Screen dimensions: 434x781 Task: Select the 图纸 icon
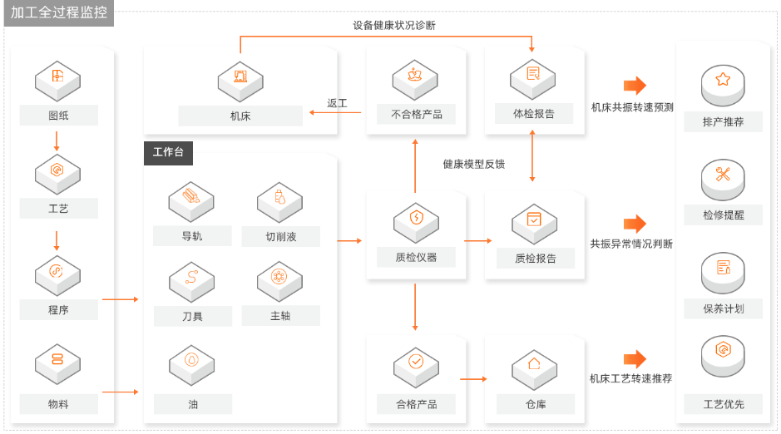(x=57, y=77)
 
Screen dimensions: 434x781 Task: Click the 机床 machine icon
(x=240, y=77)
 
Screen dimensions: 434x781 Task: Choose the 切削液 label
(x=281, y=236)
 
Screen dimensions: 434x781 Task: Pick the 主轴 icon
(x=280, y=277)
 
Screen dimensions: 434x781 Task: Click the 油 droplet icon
(x=192, y=361)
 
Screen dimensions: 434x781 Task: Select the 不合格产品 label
(x=416, y=115)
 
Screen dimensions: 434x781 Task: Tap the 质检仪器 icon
(x=416, y=219)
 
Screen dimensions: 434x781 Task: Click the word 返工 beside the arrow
(x=337, y=103)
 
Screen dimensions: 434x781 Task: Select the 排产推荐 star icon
(x=723, y=80)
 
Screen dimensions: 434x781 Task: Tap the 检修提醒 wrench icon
(x=723, y=174)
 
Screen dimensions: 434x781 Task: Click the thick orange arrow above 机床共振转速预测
(x=635, y=85)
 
